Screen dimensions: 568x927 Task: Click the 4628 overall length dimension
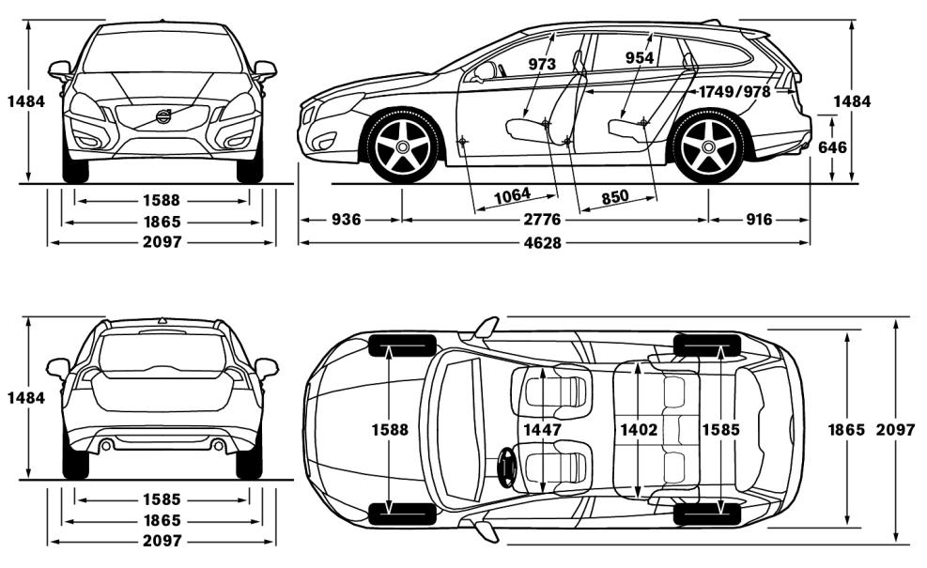(x=553, y=242)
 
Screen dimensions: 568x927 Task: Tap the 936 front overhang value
(x=346, y=220)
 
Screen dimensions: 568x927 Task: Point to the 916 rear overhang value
(x=759, y=220)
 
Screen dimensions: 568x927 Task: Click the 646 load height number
(x=833, y=147)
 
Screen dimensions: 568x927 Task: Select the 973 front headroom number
(x=542, y=64)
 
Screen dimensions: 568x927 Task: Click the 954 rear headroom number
(x=639, y=58)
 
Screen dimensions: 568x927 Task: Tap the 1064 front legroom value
(x=512, y=194)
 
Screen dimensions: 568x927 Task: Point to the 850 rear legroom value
(x=614, y=196)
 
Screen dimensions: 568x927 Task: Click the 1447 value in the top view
(x=542, y=429)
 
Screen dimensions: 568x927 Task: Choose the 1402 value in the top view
(x=639, y=429)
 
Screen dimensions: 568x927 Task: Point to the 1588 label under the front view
(x=162, y=200)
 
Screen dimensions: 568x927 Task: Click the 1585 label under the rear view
(x=162, y=499)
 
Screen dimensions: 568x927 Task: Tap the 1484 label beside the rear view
(x=24, y=397)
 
